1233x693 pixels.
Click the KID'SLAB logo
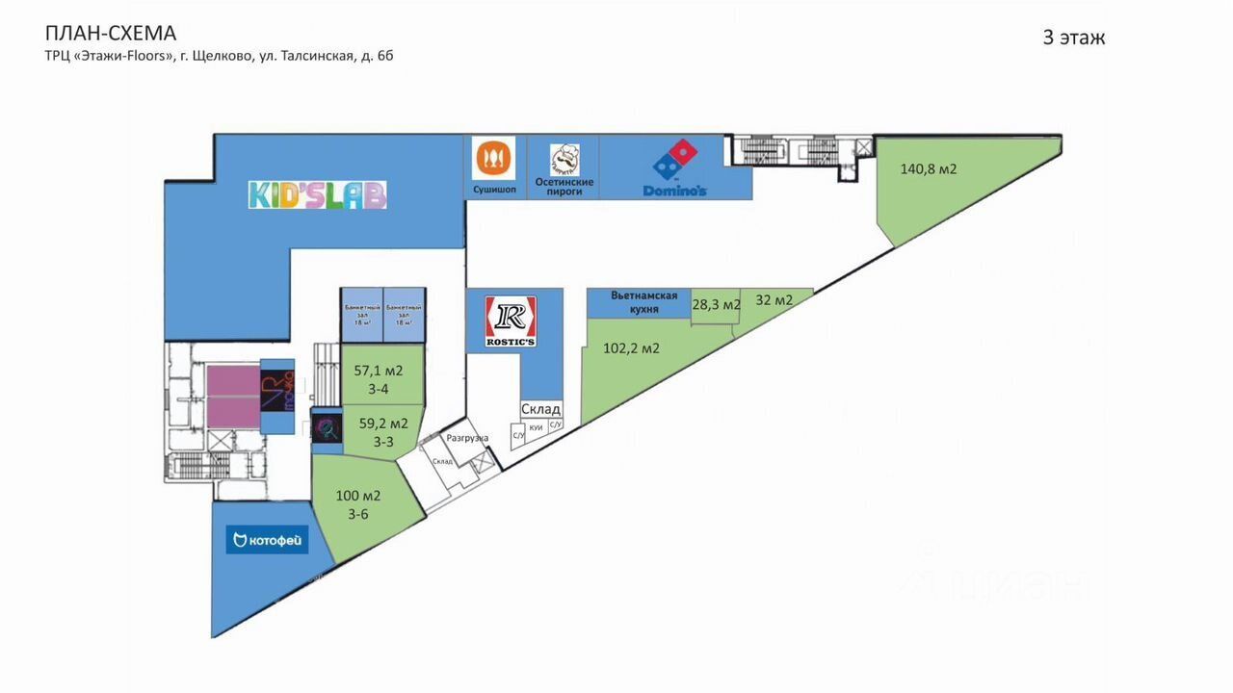(317, 194)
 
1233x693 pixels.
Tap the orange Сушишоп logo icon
(493, 157)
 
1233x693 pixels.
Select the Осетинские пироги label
(564, 187)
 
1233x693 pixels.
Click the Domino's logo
(675, 169)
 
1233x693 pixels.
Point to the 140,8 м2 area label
(928, 169)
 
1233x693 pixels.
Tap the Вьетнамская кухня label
(644, 302)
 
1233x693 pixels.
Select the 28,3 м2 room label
(716, 304)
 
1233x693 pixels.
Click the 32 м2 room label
(774, 300)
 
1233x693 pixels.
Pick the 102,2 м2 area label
(631, 348)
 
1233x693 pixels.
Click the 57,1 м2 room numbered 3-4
(379, 377)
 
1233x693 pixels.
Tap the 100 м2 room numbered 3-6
(358, 504)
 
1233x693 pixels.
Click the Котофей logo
(267, 540)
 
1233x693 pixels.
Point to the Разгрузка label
(467, 438)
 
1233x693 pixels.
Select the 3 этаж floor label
(1073, 38)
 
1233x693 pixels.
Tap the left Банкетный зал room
(361, 315)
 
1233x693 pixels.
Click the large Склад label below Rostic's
(540, 409)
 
